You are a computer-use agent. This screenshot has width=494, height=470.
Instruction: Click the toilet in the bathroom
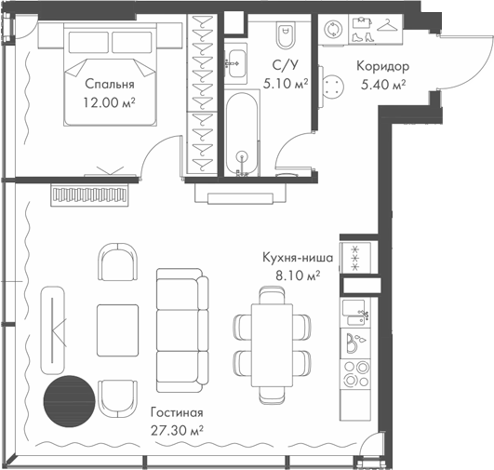(287, 34)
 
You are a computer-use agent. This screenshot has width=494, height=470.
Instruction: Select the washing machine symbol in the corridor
(333, 30)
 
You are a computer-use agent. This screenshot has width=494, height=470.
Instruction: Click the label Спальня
(110, 84)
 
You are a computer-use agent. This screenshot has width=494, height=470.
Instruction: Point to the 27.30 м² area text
(177, 430)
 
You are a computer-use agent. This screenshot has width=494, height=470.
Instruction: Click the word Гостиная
(177, 412)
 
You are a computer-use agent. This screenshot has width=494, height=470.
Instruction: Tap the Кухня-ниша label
(298, 258)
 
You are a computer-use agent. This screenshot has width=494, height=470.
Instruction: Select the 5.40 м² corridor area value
(382, 85)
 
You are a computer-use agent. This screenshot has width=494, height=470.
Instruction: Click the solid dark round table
(69, 401)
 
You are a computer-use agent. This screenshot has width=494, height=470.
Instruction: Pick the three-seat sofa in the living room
(182, 330)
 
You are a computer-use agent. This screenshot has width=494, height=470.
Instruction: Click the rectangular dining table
(272, 345)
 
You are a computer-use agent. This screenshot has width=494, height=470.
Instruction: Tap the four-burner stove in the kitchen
(355, 374)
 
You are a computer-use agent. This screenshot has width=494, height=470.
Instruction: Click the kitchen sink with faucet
(355, 313)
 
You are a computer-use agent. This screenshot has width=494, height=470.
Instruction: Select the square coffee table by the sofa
(117, 330)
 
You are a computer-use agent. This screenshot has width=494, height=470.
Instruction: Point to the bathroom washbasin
(235, 64)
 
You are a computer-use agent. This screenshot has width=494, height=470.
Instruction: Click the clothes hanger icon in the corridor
(387, 25)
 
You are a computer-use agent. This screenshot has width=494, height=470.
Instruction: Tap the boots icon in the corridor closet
(363, 37)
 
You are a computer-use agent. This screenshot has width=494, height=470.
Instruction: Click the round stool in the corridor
(333, 87)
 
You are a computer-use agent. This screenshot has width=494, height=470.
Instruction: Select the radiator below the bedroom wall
(90, 195)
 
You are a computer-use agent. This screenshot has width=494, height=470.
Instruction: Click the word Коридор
(382, 66)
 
